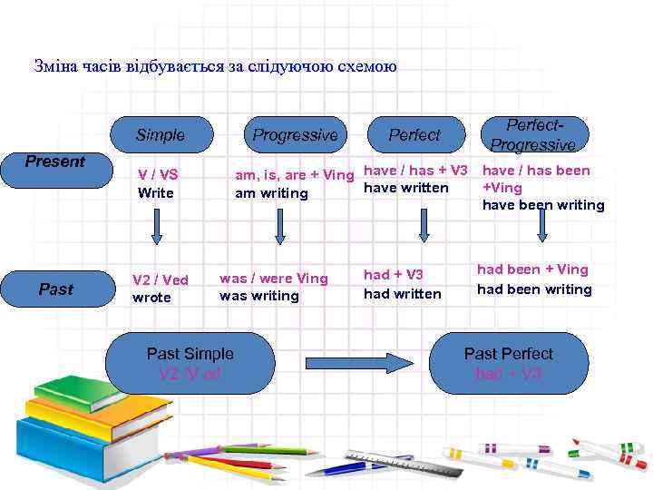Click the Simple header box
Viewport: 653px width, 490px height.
click(161, 135)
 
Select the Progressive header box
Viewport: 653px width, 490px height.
click(295, 135)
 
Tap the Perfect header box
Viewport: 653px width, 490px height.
click(414, 135)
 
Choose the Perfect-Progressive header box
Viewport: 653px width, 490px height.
click(532, 135)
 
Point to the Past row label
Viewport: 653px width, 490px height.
click(55, 289)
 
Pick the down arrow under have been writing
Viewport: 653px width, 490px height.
click(542, 227)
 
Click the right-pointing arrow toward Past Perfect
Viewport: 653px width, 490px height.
click(356, 362)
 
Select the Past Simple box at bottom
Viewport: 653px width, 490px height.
click(190, 363)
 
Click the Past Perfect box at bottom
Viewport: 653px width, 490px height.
click(508, 363)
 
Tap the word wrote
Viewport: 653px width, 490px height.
click(151, 298)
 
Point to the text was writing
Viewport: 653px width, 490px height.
click(258, 296)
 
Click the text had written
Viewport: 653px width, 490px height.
click(402, 294)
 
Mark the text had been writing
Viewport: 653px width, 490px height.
click(534, 289)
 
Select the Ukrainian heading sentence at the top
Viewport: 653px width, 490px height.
click(215, 66)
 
